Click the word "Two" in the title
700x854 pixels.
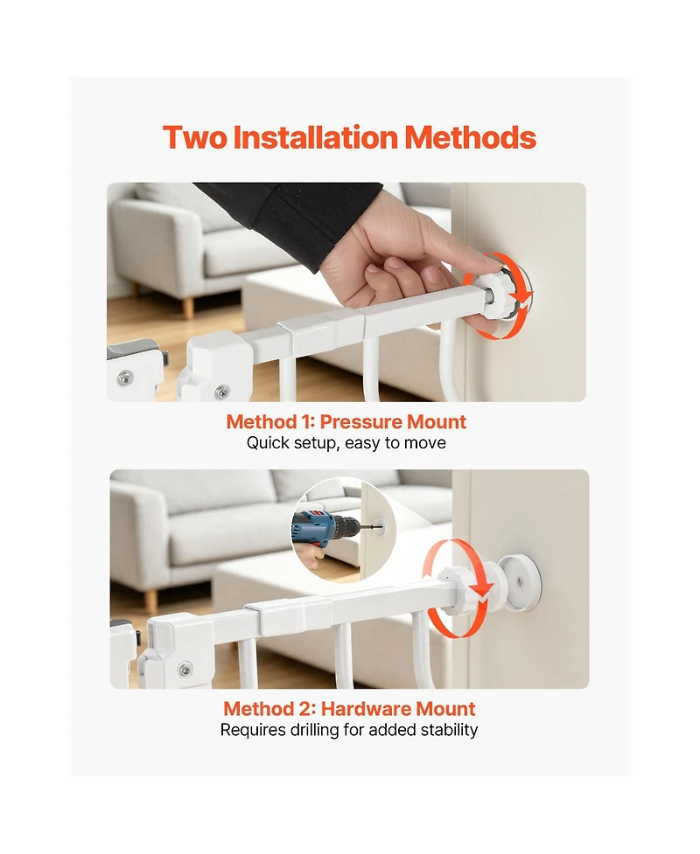pos(194,137)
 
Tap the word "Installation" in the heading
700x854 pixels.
pos(316,137)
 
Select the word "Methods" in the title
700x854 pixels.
pos(470,137)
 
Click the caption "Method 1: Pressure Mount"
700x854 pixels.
pos(346,421)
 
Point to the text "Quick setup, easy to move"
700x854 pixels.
pos(346,443)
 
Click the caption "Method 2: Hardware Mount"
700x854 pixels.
pos(349,709)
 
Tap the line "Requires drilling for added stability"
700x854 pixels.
pos(349,730)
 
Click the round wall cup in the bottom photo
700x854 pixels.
pos(521,582)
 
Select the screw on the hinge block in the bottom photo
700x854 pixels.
pos(185,668)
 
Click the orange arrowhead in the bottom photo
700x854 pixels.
pos(482,589)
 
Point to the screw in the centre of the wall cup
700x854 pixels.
pos(520,583)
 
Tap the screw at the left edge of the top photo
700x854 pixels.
pos(125,378)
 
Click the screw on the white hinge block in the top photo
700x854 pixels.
pos(222,392)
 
